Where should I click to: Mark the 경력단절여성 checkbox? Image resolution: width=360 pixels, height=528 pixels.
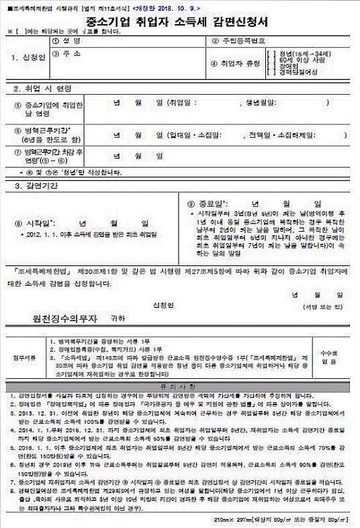click(269, 71)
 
